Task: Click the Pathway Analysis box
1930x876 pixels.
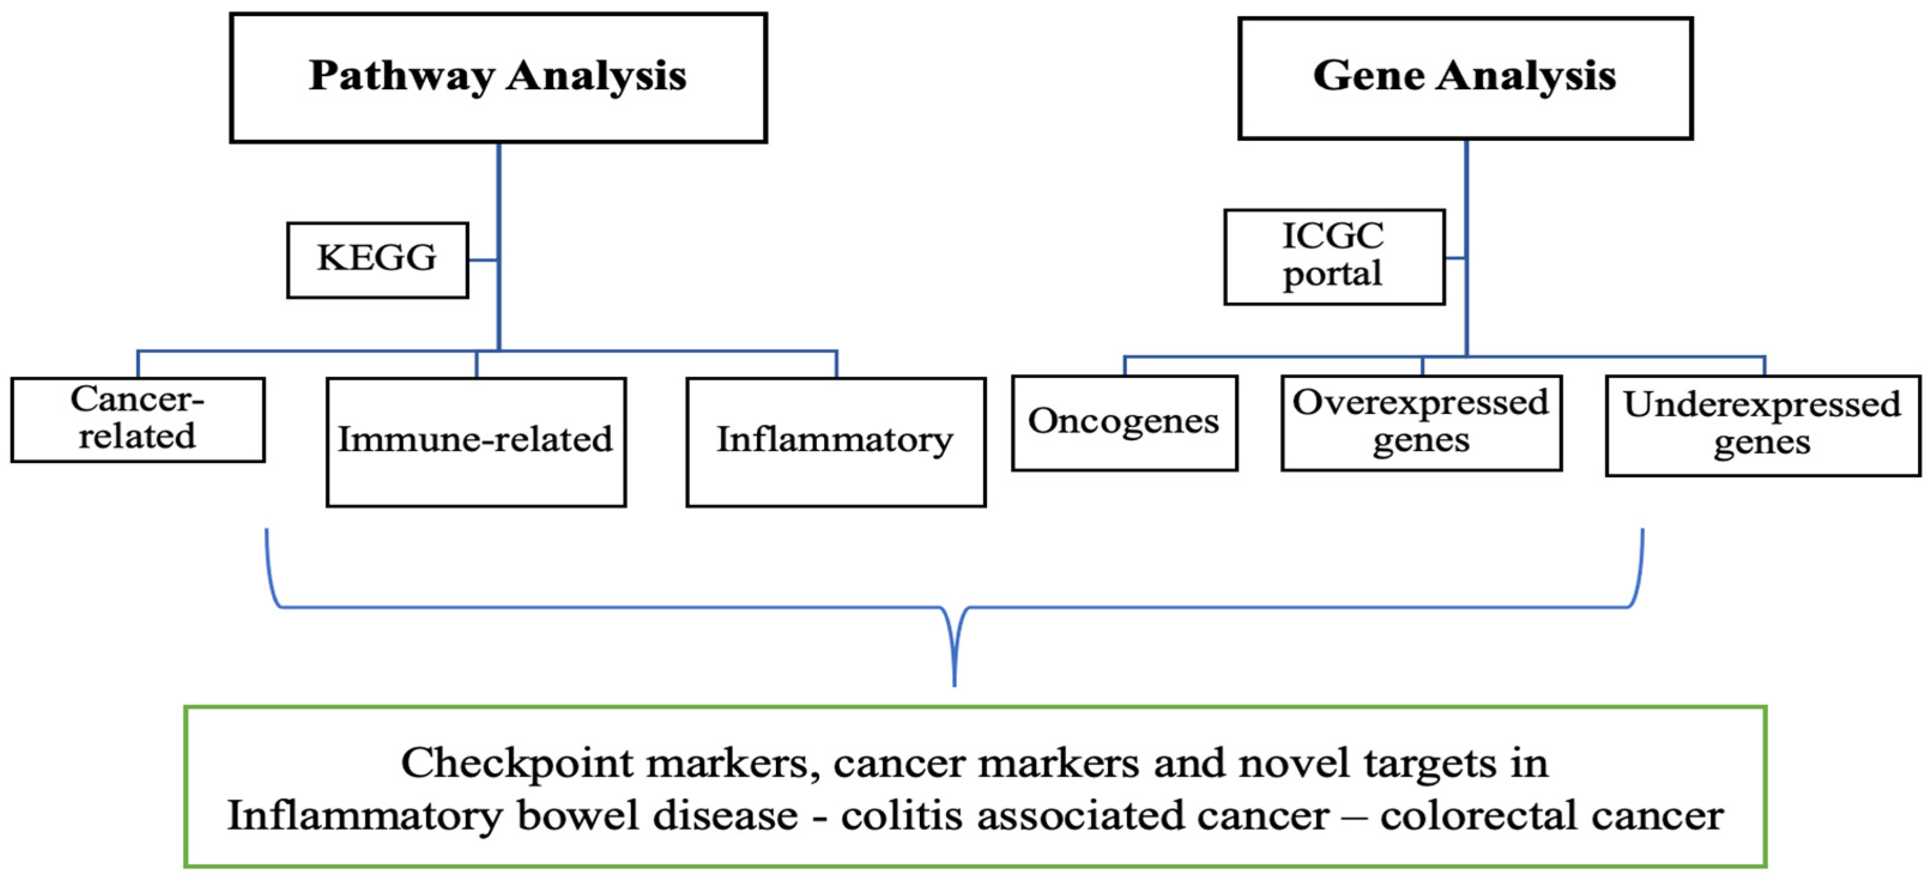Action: pos(498,78)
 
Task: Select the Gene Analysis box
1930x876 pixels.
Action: pos(1465,78)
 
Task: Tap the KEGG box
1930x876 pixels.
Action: pos(378,259)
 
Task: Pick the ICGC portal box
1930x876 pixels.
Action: pos(1334,256)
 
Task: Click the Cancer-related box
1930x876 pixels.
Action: pos(138,419)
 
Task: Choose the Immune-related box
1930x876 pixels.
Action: pos(475,441)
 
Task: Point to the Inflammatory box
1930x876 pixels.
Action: pos(835,441)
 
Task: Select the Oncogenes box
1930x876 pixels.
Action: pos(1124,422)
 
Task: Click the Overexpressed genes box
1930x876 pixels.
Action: pos(1420,422)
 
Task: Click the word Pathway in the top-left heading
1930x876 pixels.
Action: pos(402,77)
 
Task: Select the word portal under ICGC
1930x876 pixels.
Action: pos(1332,274)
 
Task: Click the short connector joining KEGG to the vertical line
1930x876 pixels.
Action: pos(483,260)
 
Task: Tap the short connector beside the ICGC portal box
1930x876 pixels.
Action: pos(1455,258)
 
